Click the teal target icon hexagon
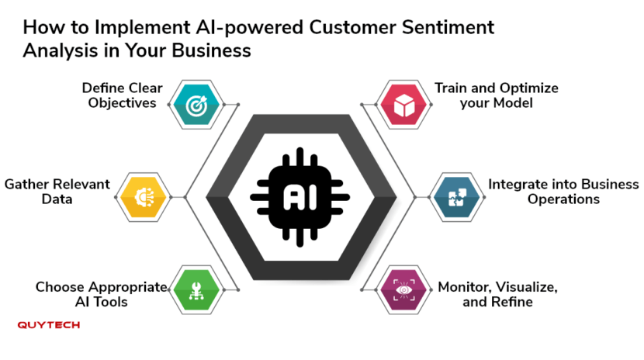click(x=196, y=105)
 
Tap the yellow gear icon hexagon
click(x=143, y=197)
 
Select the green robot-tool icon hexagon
click(x=196, y=290)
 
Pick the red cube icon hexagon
click(x=403, y=105)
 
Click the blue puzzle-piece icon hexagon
click(x=457, y=197)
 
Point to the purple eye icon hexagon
click(x=403, y=290)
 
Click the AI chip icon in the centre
click(x=299, y=197)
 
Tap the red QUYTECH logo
click(x=48, y=325)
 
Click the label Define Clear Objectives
click(x=122, y=95)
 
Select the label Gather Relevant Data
click(x=57, y=192)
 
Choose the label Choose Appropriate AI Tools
click(x=102, y=294)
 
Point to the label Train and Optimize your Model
click(x=496, y=95)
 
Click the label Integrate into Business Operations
click(x=563, y=192)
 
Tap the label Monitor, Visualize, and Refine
click(x=497, y=294)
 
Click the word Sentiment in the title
click(x=448, y=27)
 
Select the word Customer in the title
click(x=353, y=27)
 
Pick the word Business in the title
click(x=211, y=51)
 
